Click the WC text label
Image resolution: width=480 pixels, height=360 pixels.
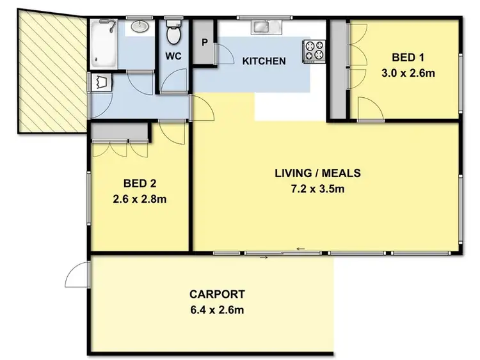pos(173,56)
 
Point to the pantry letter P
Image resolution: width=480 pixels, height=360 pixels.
pos(205,43)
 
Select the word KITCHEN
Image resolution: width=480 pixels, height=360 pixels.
pos(263,61)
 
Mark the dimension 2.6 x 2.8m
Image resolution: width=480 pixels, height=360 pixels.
pos(140,199)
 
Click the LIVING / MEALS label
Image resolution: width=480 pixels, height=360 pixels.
pos(317,173)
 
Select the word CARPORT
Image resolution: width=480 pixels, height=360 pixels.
pos(217,295)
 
